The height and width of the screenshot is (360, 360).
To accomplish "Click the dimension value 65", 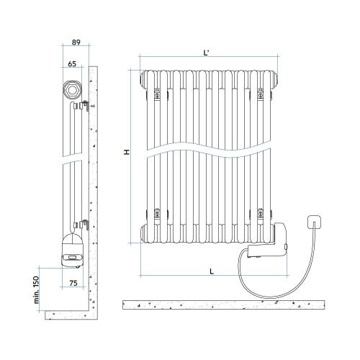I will [x=73, y=64].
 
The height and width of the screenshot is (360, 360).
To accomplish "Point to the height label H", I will [x=126, y=153].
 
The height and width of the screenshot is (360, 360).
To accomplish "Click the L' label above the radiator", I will [x=207, y=52].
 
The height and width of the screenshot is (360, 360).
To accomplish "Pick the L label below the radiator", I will [x=210, y=271].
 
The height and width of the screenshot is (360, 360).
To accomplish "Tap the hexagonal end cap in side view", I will [x=72, y=91].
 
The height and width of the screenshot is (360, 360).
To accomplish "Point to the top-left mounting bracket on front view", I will [x=156, y=92].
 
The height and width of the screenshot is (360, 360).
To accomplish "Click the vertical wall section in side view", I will [x=94, y=187].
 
